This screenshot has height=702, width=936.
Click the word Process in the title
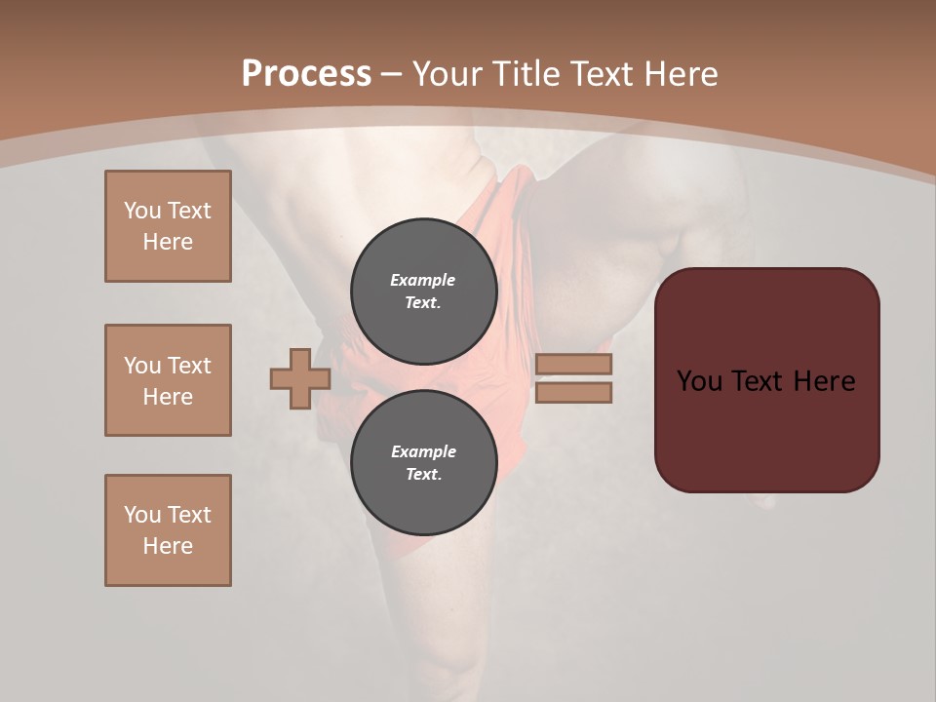pyautogui.click(x=306, y=74)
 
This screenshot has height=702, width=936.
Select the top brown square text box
pyautogui.click(x=168, y=226)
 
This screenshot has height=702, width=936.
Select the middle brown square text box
pyautogui.click(x=168, y=380)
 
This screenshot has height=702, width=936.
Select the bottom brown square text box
pyautogui.click(x=168, y=530)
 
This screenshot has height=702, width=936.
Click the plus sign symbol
pyautogui.click(x=300, y=378)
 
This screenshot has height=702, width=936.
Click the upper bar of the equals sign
pyautogui.click(x=573, y=364)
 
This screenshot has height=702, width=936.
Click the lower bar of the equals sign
pyautogui.click(x=573, y=393)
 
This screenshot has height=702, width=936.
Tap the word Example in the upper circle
pyautogui.click(x=423, y=280)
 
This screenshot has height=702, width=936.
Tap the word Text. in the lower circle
pyautogui.click(x=423, y=475)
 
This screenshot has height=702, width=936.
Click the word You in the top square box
pyautogui.click(x=142, y=211)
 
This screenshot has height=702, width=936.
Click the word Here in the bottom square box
pyautogui.click(x=168, y=546)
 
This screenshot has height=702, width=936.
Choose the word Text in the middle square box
pyautogui.click(x=189, y=366)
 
